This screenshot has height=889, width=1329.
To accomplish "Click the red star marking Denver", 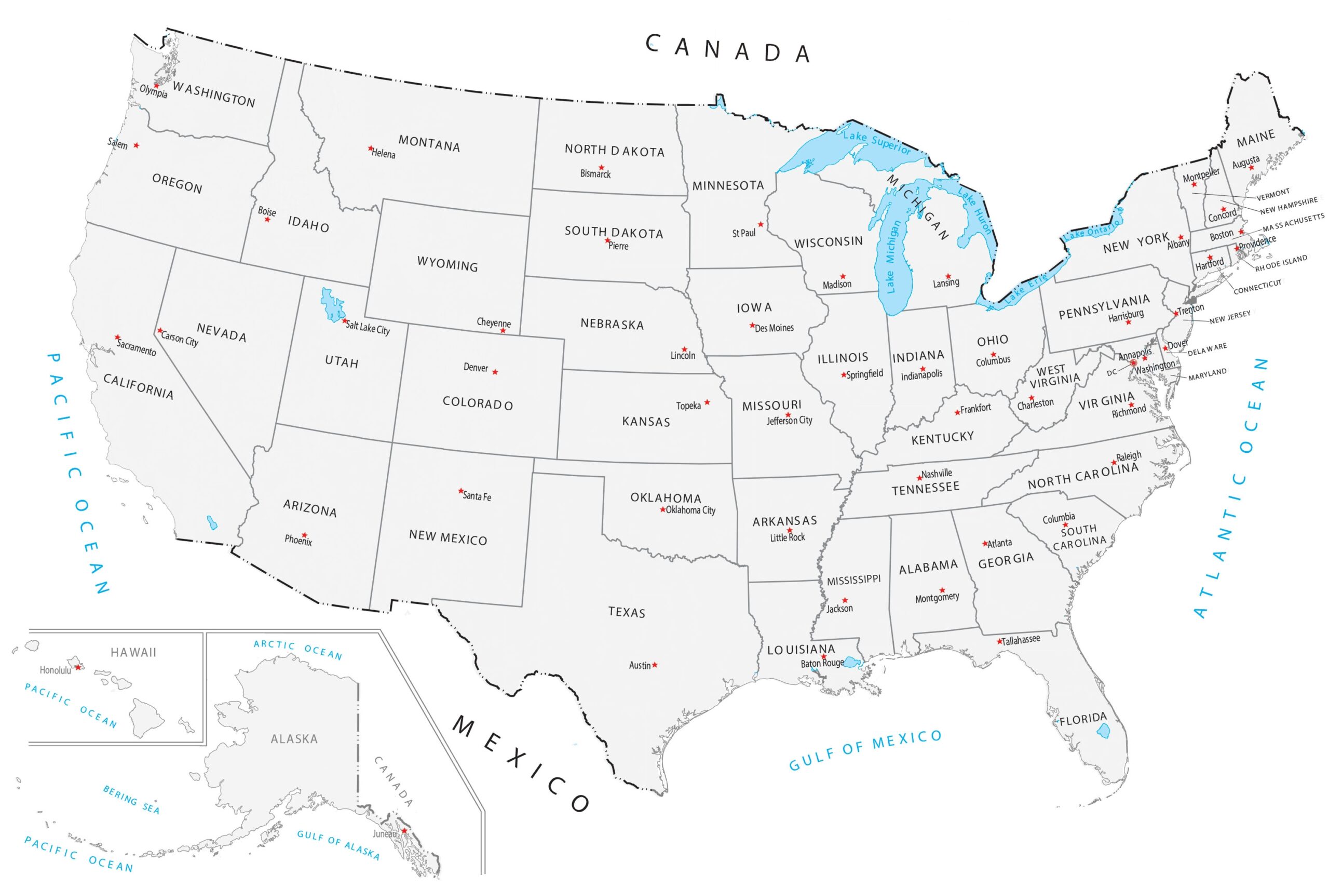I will coord(495,372).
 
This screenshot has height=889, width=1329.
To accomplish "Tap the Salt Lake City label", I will coord(368,328).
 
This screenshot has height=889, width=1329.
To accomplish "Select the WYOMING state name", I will coord(447,264).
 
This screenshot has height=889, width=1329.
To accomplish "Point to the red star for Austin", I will coord(655,665).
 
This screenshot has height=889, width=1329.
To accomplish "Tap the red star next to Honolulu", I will coord(78,667).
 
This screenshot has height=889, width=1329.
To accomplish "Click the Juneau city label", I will coord(384,834).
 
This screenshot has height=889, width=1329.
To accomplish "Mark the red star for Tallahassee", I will coord(1000,642).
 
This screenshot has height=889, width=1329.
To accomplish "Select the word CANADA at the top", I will coord(728,49).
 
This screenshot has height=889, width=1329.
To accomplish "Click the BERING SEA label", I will coord(131,799).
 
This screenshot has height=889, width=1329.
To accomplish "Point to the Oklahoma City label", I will coord(690,510).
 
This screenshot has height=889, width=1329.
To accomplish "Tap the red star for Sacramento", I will coord(117,338).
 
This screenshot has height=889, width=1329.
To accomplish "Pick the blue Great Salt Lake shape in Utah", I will coord(332,305).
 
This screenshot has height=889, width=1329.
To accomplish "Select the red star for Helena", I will coord(371,149).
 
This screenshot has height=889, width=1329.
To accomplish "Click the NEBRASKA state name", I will coord(612,325).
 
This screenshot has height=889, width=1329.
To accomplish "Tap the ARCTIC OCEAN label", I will coord(297,650).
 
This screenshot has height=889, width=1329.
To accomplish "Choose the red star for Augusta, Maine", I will coord(1251,168).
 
